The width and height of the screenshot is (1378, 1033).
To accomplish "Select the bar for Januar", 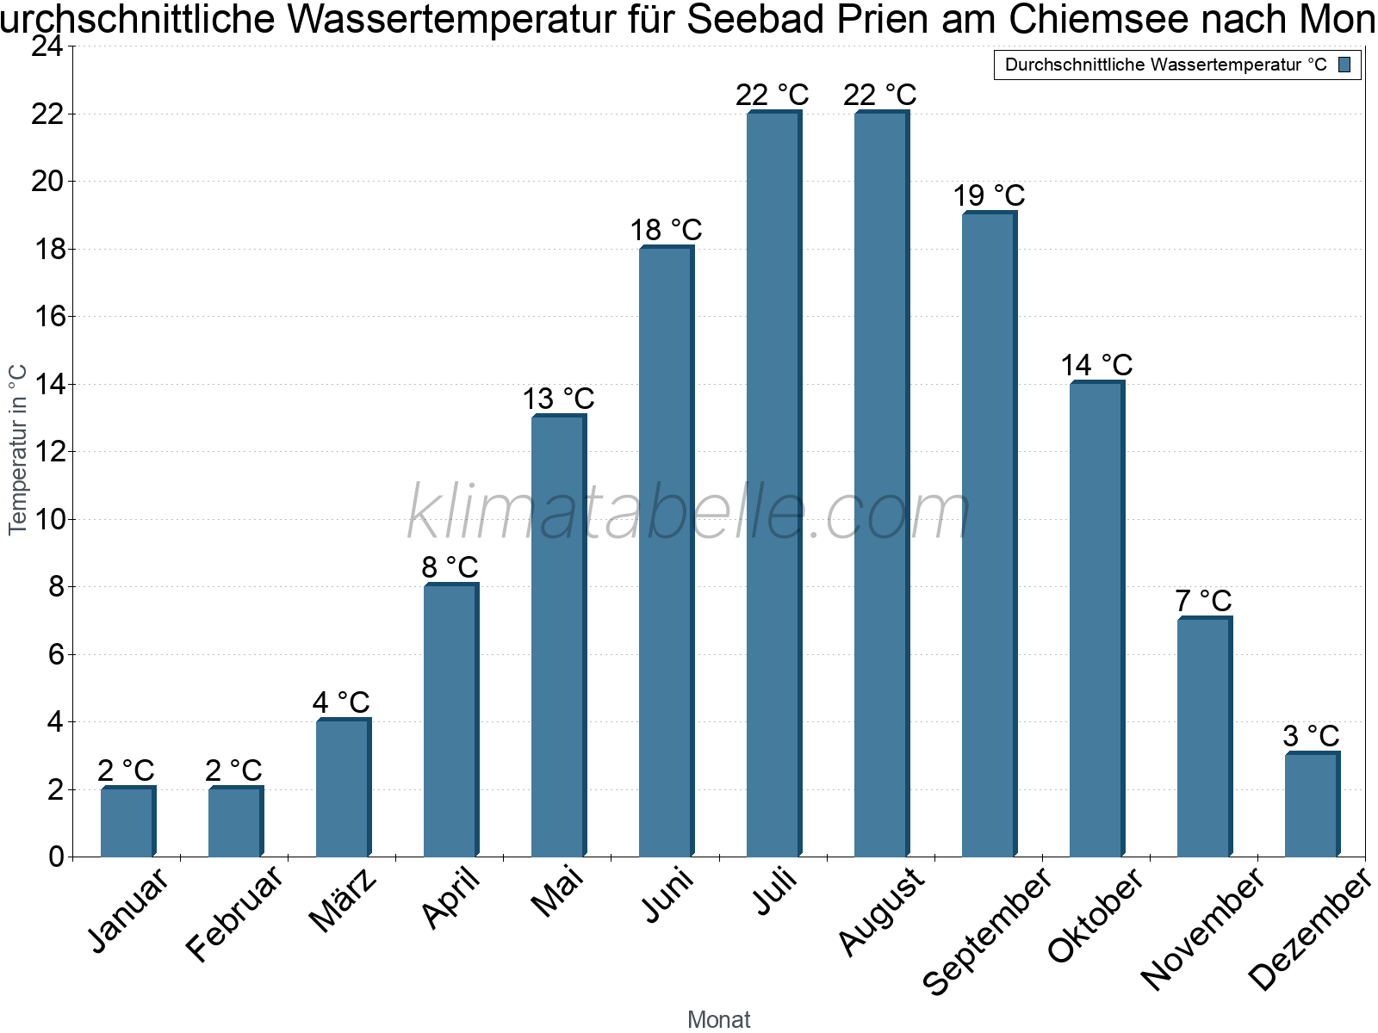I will pos(127,822).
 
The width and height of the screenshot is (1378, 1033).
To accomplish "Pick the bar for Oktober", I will pos(1096,620).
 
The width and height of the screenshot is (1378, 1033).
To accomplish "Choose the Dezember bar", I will pos(1312,805).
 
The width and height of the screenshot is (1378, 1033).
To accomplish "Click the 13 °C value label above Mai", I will pos(559,399).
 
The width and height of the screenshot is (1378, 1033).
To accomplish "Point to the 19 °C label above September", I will pos(989,196).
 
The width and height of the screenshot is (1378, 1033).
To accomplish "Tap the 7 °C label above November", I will pos(1203,601).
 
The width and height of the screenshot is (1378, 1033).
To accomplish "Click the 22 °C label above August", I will pos(880,95).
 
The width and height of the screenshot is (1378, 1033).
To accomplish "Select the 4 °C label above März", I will pos(341,702).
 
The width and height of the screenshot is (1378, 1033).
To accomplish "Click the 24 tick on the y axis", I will pos(48,47).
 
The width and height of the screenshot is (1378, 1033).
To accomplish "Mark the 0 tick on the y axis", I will pos(57,857).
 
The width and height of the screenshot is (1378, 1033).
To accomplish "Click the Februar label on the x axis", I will pos(234,912).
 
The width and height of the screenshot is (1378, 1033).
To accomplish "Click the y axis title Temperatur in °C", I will pos(18,449).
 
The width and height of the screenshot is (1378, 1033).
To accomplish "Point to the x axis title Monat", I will pos(718,1020).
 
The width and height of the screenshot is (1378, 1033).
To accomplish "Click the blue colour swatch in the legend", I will pos(1344,65).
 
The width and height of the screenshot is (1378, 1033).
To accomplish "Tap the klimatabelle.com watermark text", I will pos(689,513).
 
